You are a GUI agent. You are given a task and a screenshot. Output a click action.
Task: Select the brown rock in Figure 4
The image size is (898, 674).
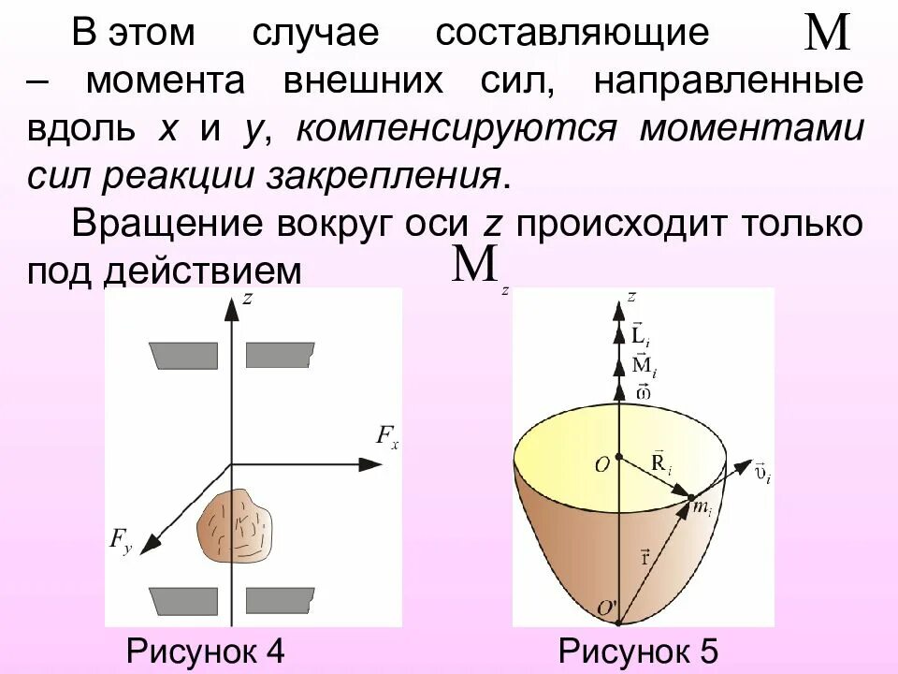[235, 526]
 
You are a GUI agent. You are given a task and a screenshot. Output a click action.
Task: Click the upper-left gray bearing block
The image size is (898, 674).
[184, 355]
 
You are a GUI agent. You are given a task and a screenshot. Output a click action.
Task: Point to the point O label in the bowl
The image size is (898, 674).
[601, 464]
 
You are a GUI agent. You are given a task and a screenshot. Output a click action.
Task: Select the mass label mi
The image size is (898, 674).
[702, 509]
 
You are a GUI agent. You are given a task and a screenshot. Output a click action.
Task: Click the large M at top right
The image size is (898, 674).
[827, 35]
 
